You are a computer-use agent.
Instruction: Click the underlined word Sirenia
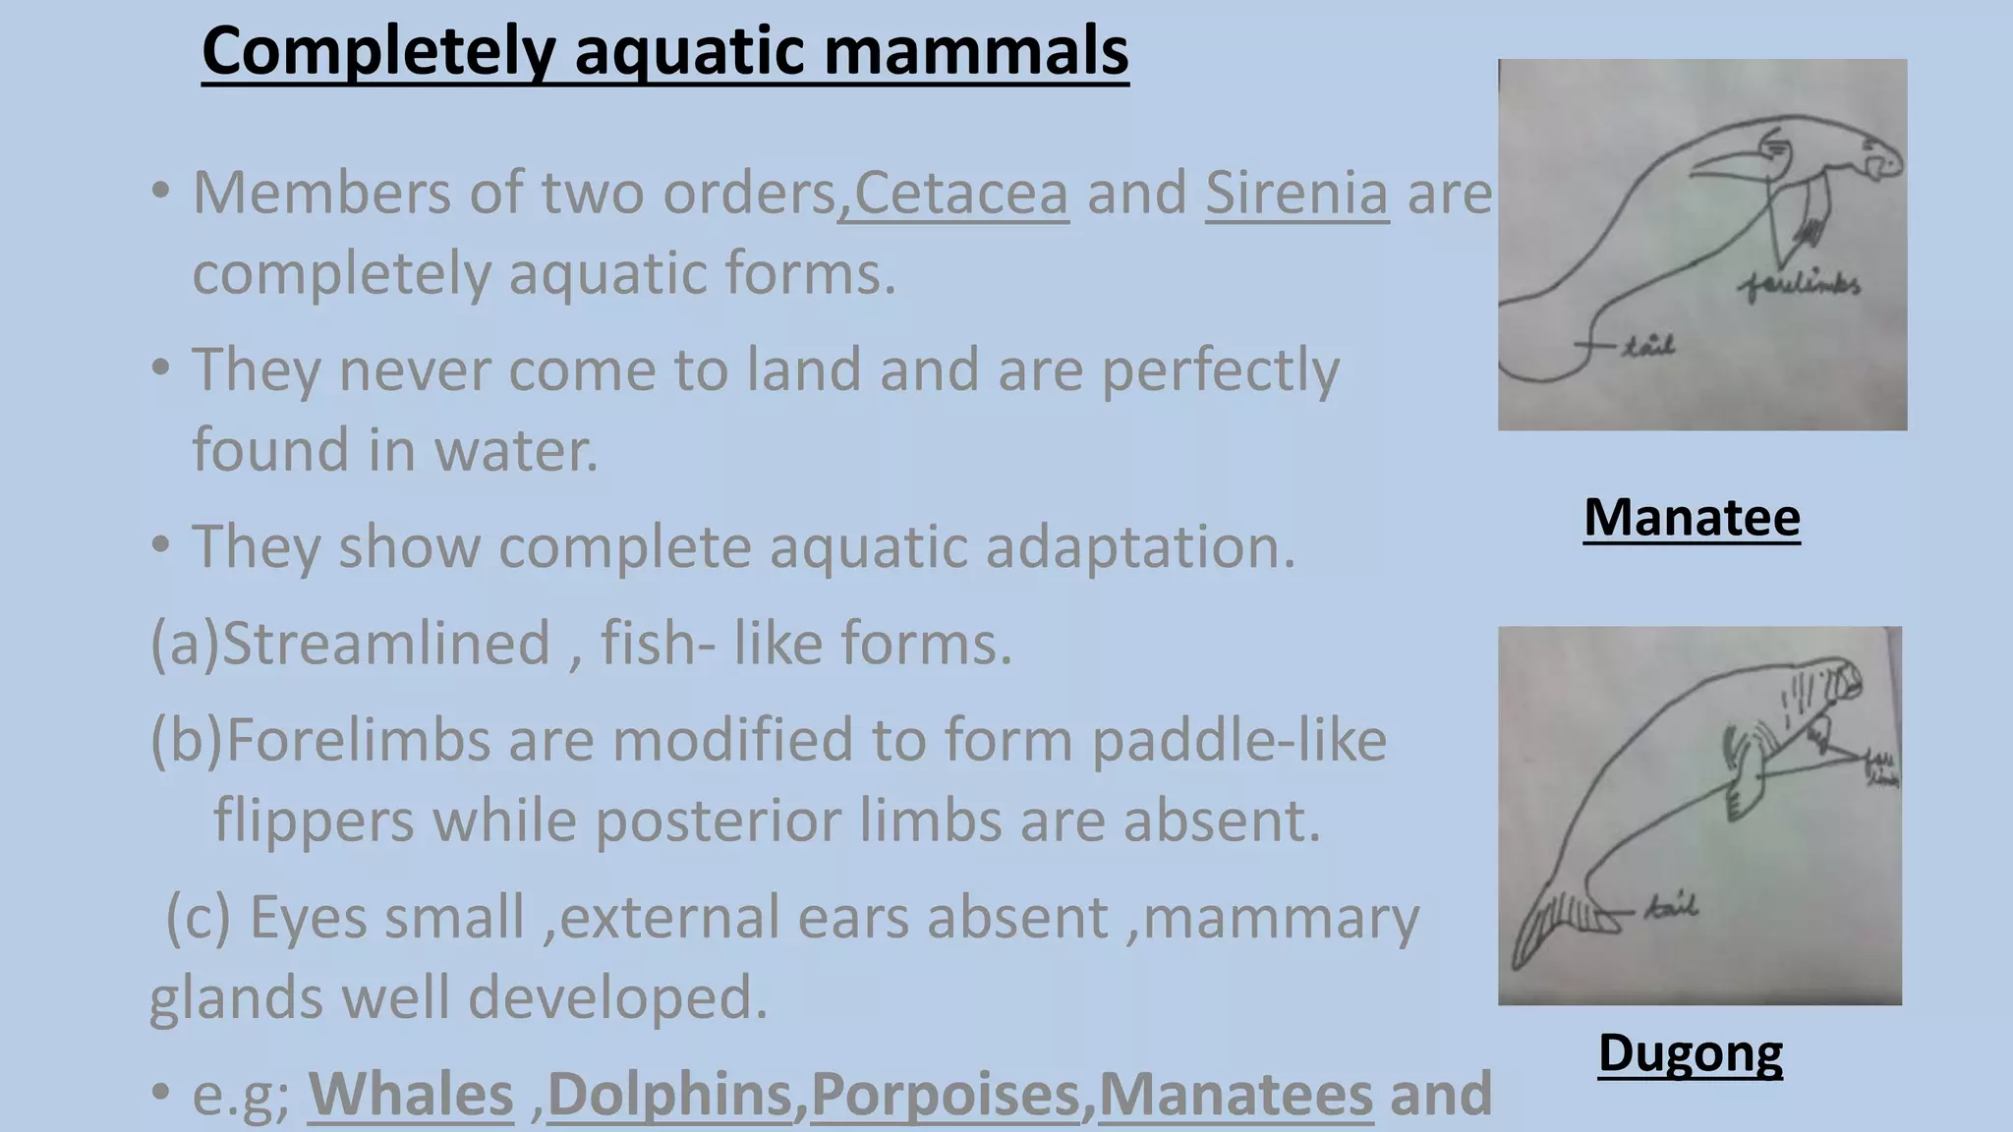tap(1296, 193)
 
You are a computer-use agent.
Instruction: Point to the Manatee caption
tap(1692, 517)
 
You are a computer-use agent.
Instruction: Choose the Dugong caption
tap(1690, 1052)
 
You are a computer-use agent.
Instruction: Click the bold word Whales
tap(411, 1094)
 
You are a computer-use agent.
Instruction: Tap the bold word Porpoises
tap(946, 1094)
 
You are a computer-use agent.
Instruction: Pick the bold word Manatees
tap(1236, 1094)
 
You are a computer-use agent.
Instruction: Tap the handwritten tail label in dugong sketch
tap(1669, 906)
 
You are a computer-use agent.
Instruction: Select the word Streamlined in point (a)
tap(385, 644)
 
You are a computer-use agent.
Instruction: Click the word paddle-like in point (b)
tap(1238, 740)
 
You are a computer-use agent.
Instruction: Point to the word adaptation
tap(1140, 546)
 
